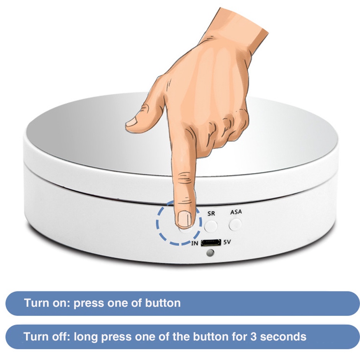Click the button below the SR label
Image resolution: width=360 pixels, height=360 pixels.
211,226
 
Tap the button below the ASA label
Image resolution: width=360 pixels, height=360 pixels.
235,224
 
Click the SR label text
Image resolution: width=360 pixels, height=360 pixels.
211,214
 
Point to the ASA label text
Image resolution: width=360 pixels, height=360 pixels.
236,212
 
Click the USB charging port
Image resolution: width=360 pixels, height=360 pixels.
211,242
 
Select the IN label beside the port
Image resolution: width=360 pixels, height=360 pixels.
195,243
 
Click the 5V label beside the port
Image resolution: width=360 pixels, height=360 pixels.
227,242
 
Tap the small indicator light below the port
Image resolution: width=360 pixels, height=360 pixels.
210,253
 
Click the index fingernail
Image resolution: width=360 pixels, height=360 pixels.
185,219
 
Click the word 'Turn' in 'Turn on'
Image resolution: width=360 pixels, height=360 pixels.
36,303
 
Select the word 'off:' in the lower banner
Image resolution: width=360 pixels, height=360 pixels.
61,337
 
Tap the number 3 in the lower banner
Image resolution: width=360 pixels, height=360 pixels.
253,337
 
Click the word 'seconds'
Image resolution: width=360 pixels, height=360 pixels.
283,337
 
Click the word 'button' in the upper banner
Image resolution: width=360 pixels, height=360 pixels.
163,303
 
